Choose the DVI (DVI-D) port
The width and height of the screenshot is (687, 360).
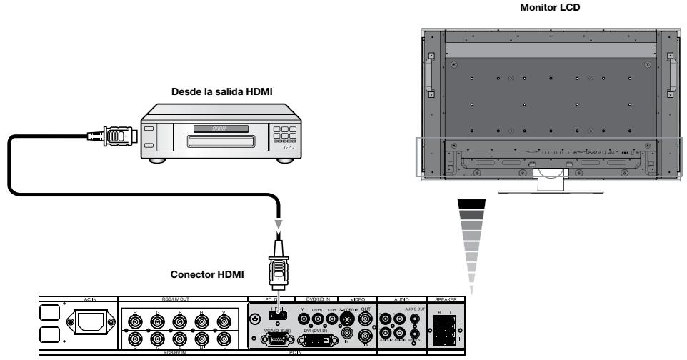click(x=317, y=339)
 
